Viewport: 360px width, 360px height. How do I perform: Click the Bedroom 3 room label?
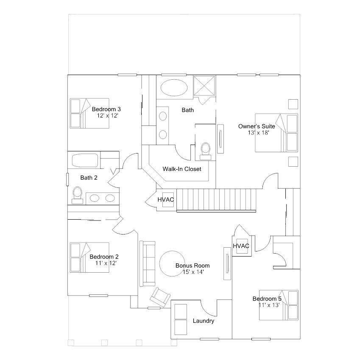[106, 109]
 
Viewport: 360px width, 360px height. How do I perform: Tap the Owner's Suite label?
[257, 126]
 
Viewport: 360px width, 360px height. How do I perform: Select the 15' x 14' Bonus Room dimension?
[193, 272]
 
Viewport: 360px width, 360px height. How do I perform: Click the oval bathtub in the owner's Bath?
[174, 87]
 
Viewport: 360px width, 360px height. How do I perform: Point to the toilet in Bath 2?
[77, 195]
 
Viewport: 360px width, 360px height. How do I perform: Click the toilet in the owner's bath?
[206, 151]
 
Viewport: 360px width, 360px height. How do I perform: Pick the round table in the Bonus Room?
[172, 264]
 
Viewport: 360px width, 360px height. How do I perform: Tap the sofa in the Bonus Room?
[147, 264]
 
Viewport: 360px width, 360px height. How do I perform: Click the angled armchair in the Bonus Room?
[160, 297]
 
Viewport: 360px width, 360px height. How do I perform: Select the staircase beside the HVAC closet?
[216, 200]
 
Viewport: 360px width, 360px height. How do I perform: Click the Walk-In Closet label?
[182, 169]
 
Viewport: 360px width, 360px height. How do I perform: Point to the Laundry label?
[204, 321]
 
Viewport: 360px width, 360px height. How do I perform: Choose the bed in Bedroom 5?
[279, 305]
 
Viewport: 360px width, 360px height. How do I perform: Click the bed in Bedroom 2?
[89, 257]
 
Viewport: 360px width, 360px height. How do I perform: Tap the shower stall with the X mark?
[204, 86]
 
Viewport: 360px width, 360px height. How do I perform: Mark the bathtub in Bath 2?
[85, 160]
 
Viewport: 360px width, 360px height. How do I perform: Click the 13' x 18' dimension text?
[258, 133]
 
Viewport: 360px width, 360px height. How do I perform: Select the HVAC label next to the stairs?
[165, 200]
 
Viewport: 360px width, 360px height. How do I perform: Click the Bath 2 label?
[89, 178]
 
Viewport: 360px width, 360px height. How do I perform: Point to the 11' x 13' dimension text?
[269, 305]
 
